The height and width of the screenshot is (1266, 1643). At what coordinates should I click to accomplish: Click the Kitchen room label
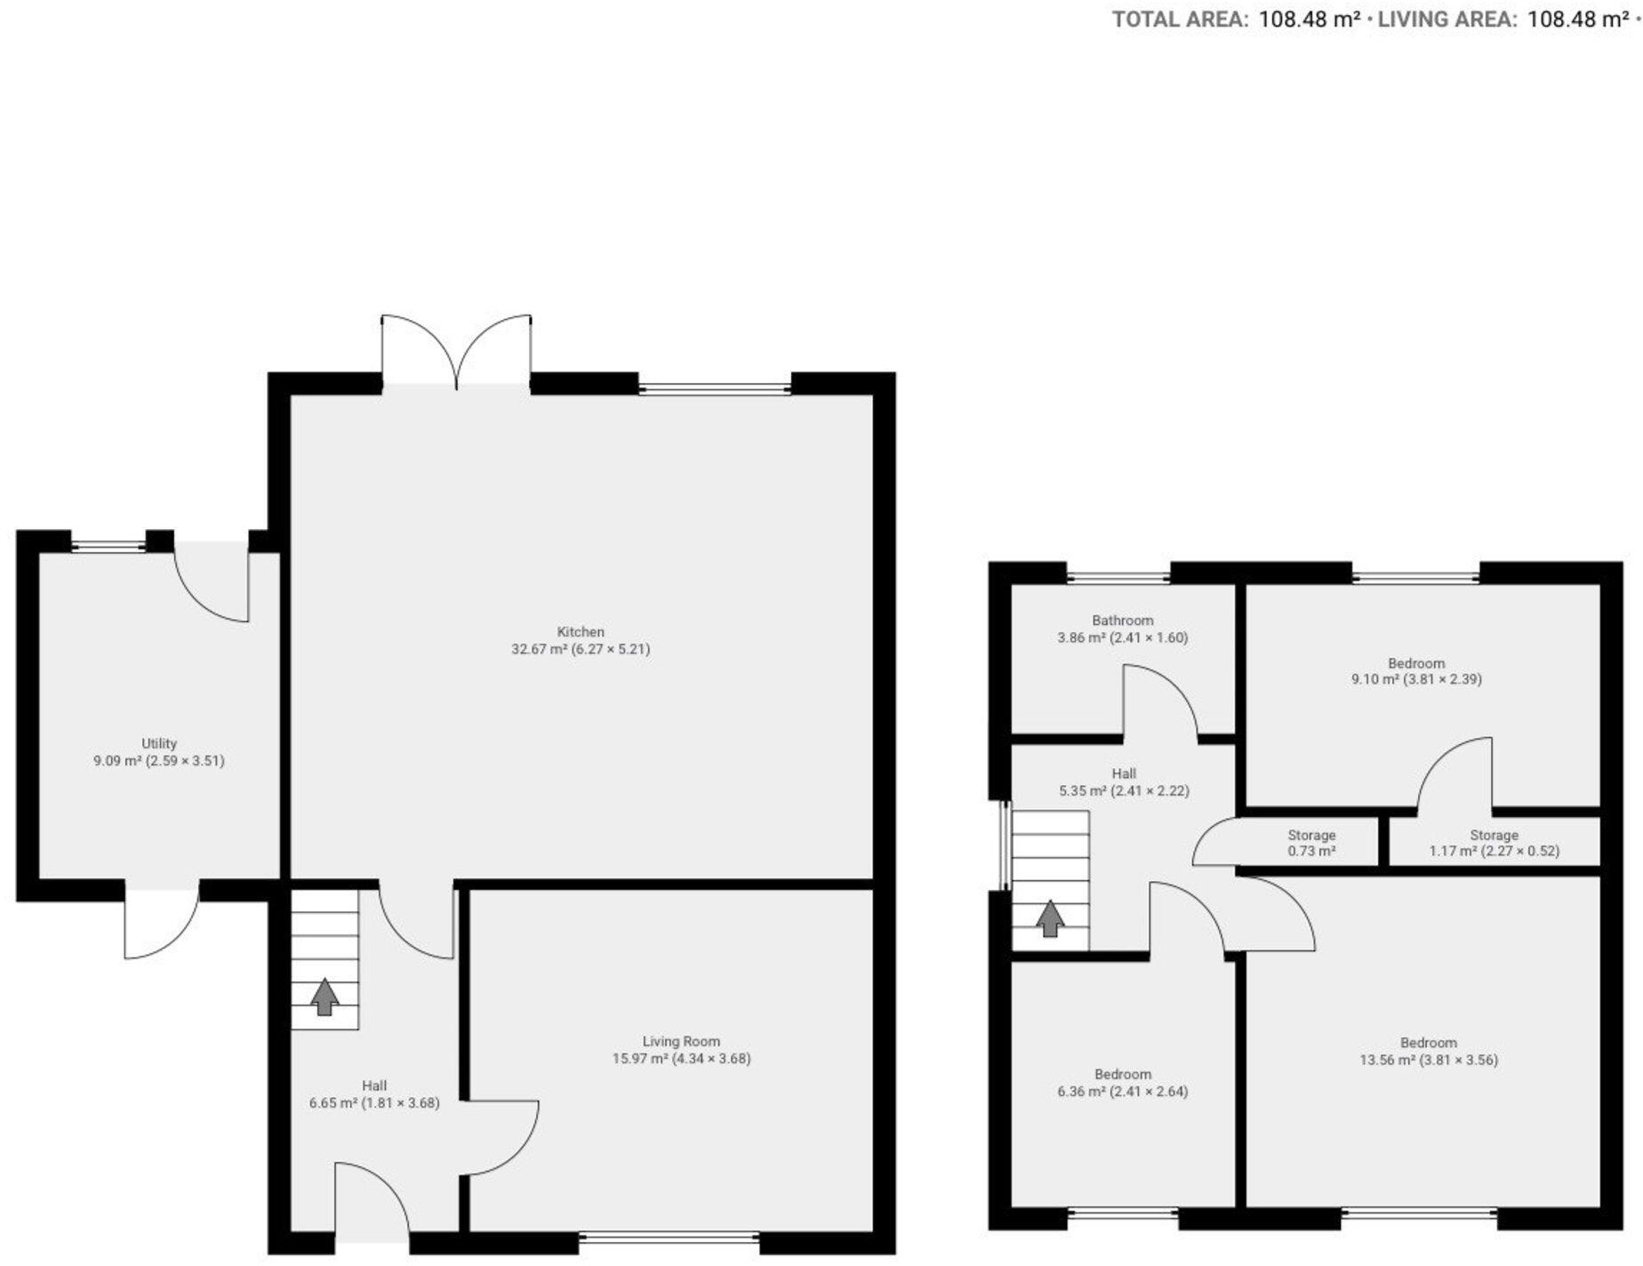pyautogui.click(x=581, y=632)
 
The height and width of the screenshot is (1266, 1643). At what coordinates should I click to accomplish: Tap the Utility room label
pyautogui.click(x=159, y=743)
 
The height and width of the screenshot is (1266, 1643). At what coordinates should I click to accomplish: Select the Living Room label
pyautogui.click(x=681, y=1041)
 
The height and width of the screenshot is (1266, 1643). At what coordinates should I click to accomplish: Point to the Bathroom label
pyautogui.click(x=1123, y=621)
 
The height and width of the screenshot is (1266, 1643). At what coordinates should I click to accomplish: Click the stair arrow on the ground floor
pyautogui.click(x=325, y=997)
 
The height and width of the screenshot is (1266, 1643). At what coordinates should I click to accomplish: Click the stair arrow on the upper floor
pyautogui.click(x=1051, y=918)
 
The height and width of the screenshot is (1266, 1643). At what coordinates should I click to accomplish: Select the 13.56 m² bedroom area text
pyautogui.click(x=1429, y=1060)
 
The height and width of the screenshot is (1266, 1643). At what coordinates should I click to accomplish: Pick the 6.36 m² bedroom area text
pyautogui.click(x=1123, y=1092)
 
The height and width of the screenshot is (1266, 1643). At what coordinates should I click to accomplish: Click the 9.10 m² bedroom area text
pyautogui.click(x=1416, y=679)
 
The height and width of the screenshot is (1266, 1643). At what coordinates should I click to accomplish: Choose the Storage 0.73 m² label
pyautogui.click(x=1311, y=843)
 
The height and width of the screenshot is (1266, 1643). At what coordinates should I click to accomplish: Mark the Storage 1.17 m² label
pyautogui.click(x=1494, y=843)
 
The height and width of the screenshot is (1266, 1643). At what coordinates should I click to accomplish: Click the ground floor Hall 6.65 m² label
pyautogui.click(x=374, y=1094)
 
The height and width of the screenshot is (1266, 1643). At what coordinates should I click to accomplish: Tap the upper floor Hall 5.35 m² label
pyautogui.click(x=1124, y=782)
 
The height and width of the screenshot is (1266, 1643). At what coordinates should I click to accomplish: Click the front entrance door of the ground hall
pyautogui.click(x=372, y=1200)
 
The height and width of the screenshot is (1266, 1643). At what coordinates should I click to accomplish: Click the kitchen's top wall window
pyautogui.click(x=714, y=388)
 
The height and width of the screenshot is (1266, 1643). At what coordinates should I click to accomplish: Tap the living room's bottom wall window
pyautogui.click(x=669, y=1236)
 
